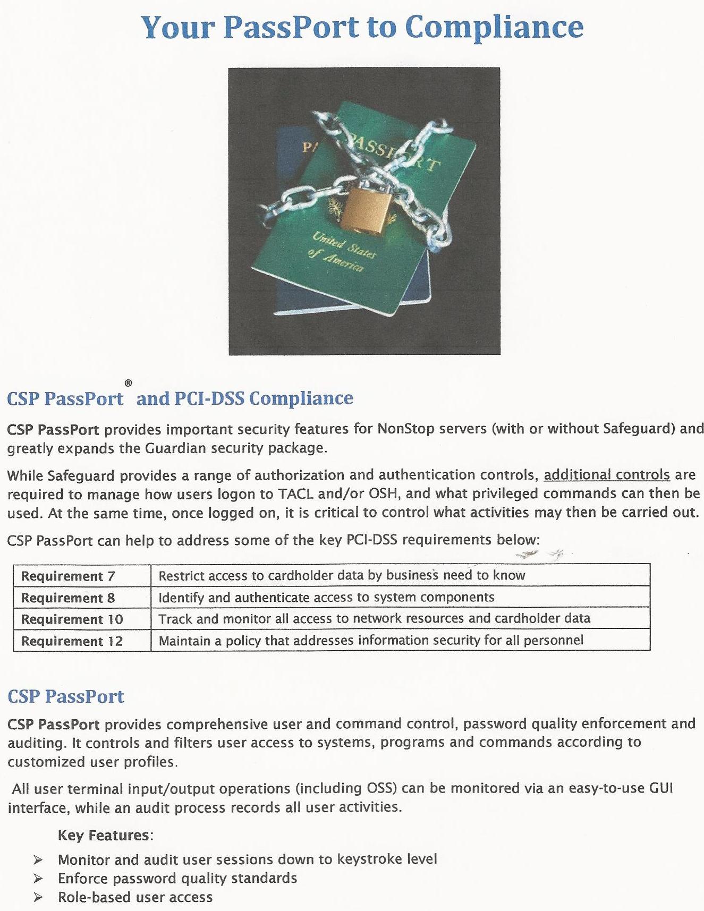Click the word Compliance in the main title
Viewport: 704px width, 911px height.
coord(494,27)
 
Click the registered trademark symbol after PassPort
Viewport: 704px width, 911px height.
coord(128,382)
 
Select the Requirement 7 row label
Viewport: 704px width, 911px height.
coord(68,576)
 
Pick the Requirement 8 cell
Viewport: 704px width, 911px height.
coord(68,598)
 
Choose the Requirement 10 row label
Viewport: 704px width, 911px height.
coord(72,619)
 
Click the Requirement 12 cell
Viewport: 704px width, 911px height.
coord(72,641)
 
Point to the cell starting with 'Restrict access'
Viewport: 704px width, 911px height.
coord(342,575)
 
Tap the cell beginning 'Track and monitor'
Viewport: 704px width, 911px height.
coord(374,618)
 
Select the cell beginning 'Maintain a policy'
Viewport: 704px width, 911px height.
coord(371,641)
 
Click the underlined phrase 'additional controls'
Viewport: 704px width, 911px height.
coord(607,474)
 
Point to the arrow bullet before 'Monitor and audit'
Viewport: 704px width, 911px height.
coord(38,859)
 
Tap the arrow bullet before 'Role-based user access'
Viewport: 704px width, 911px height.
coord(38,898)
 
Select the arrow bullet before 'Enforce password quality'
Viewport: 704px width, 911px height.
coord(38,879)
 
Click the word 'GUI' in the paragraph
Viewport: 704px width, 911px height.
coord(661,788)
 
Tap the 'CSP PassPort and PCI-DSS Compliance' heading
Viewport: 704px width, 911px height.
coord(180,398)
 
